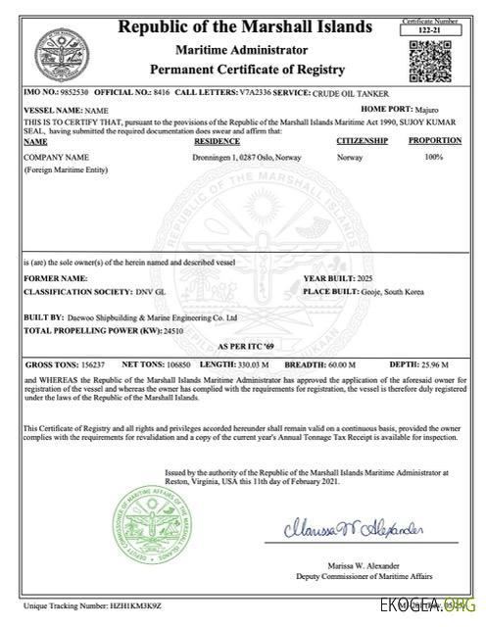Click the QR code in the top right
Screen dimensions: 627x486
(431, 61)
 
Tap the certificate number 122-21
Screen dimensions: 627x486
(431, 30)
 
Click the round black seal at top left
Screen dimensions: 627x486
(55, 52)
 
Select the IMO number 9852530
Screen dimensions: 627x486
(64, 92)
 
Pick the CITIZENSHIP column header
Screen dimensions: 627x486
(363, 141)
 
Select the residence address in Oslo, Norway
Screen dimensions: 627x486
(248, 156)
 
